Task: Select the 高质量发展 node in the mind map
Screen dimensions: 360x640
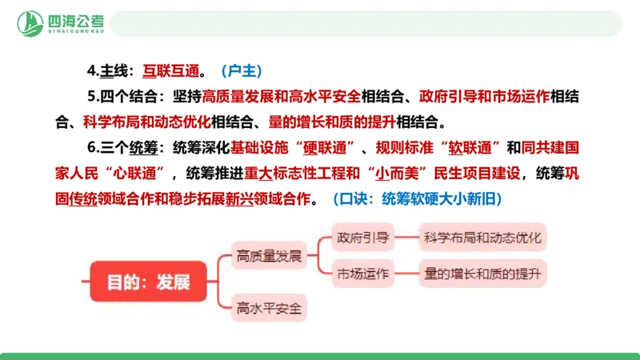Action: click(269, 256)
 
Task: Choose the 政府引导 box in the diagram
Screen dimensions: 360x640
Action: click(362, 238)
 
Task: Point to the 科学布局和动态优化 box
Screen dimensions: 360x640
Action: click(482, 238)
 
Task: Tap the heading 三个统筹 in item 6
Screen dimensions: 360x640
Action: click(127, 148)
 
